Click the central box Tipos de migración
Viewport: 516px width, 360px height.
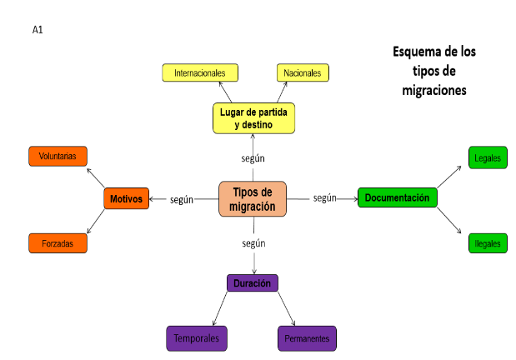(x=253, y=199)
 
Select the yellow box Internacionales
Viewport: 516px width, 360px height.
(x=200, y=73)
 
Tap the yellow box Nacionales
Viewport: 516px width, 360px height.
(x=303, y=73)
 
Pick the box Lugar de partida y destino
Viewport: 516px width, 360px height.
(x=253, y=117)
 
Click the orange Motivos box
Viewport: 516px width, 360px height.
(x=127, y=199)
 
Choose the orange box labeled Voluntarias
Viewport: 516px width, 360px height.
(x=58, y=156)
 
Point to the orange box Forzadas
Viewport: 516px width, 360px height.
(x=58, y=243)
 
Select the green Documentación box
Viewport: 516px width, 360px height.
(x=397, y=197)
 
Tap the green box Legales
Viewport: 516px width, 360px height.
(x=488, y=157)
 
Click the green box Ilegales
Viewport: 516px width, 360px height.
(x=488, y=243)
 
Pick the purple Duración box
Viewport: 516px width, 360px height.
(x=252, y=283)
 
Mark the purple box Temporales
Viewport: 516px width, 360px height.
(x=197, y=338)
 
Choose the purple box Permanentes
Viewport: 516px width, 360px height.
(x=307, y=338)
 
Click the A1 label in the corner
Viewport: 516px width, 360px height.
(x=38, y=30)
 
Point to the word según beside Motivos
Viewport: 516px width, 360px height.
(x=182, y=199)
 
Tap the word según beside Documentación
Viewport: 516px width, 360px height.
(x=324, y=197)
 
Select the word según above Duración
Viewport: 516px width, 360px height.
(x=253, y=243)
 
